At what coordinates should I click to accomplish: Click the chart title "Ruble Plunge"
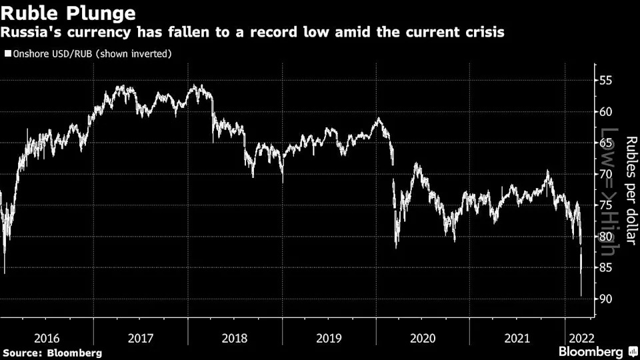(69, 13)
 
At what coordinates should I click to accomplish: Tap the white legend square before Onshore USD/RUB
(8, 53)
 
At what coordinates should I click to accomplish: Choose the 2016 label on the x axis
(47, 339)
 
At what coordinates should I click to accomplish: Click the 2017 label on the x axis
(141, 339)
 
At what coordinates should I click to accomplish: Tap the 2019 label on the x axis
(328, 339)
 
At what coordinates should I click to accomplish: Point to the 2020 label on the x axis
(423, 339)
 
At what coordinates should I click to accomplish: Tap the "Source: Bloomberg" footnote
(53, 352)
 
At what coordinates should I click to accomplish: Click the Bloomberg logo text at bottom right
(591, 351)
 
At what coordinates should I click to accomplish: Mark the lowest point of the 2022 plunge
(581, 295)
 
